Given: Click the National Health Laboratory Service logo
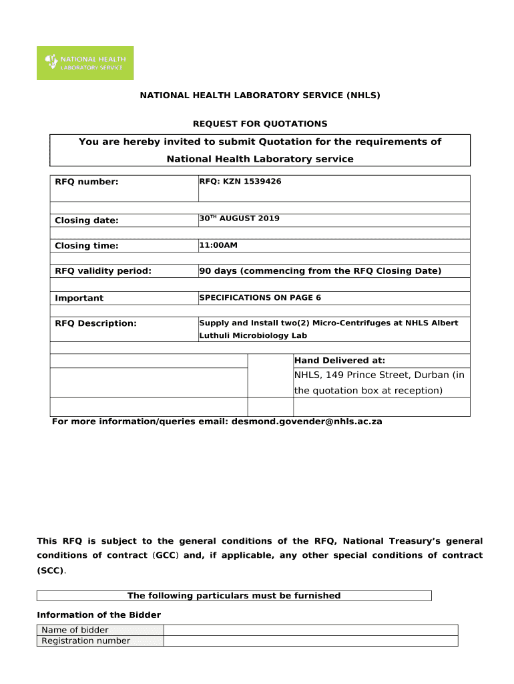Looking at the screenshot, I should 85,63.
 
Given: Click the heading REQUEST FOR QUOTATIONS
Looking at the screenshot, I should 260,124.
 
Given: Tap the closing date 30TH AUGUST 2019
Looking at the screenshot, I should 239,219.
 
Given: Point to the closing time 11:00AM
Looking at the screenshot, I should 218,245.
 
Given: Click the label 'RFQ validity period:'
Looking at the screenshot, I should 103,271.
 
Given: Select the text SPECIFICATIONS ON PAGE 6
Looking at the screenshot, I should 260,297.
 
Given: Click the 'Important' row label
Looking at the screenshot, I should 79,298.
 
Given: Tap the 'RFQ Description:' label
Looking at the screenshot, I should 95,323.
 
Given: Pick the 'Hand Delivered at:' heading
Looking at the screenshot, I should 340,361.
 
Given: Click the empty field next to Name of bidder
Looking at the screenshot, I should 310,630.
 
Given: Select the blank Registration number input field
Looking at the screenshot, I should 310,641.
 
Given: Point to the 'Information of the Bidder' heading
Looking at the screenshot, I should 99,615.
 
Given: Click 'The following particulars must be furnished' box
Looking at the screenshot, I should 234,596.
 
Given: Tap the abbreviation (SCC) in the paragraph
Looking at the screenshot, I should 51,571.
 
